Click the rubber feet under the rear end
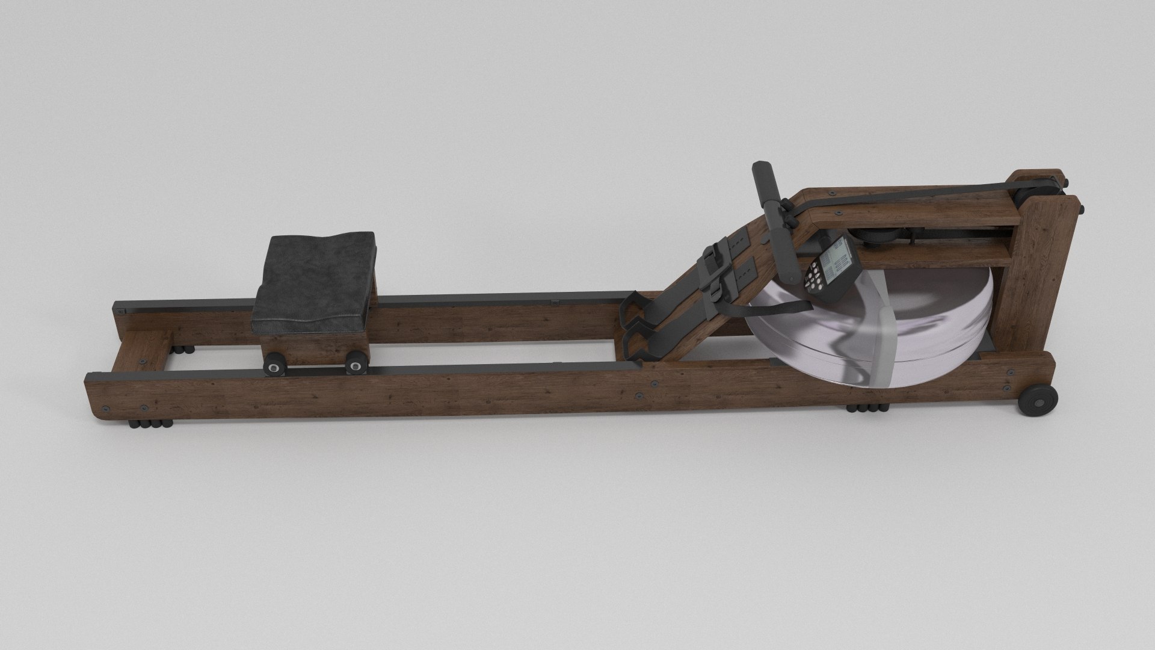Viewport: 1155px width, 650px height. click(149, 423)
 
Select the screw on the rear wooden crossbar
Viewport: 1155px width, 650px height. click(143, 361)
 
